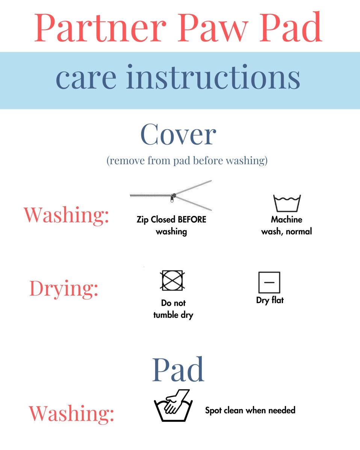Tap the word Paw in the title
[214, 27]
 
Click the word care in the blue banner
[86, 80]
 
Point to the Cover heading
[178, 134]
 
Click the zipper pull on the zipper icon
[172, 198]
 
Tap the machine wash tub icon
[287, 203]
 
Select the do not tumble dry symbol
[172, 280]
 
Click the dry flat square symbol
[269, 282]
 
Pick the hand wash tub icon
[173, 406]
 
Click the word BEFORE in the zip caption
[192, 219]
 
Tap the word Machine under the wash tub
[286, 219]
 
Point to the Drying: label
[64, 289]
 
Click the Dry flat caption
[270, 300]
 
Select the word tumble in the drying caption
[166, 315]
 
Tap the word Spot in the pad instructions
[213, 411]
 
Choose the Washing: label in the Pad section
[71, 414]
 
